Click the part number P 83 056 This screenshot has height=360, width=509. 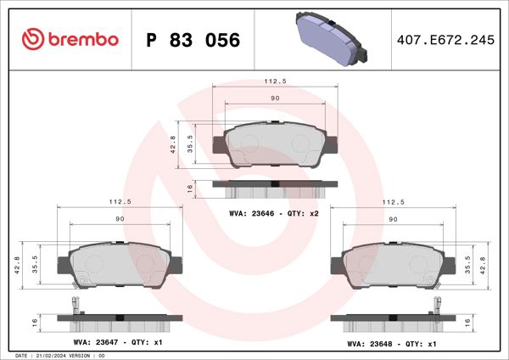click(x=193, y=41)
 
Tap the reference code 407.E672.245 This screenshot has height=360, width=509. click(x=445, y=40)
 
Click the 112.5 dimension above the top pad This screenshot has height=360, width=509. click(x=272, y=83)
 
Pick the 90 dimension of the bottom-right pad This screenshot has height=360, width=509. click(x=393, y=219)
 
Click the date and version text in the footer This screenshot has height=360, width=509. click(x=59, y=354)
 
